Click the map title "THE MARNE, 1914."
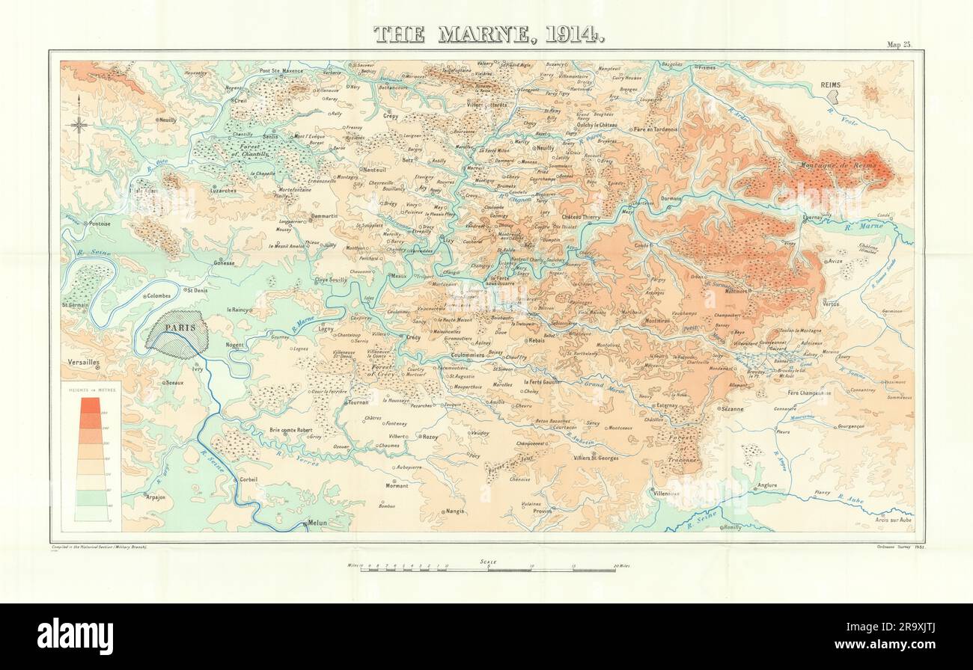(x=488, y=34)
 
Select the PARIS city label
(x=176, y=328)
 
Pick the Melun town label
(x=317, y=523)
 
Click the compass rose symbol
(x=79, y=126)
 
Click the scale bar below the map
(x=488, y=569)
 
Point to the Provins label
(x=542, y=511)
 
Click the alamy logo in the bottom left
(x=75, y=636)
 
